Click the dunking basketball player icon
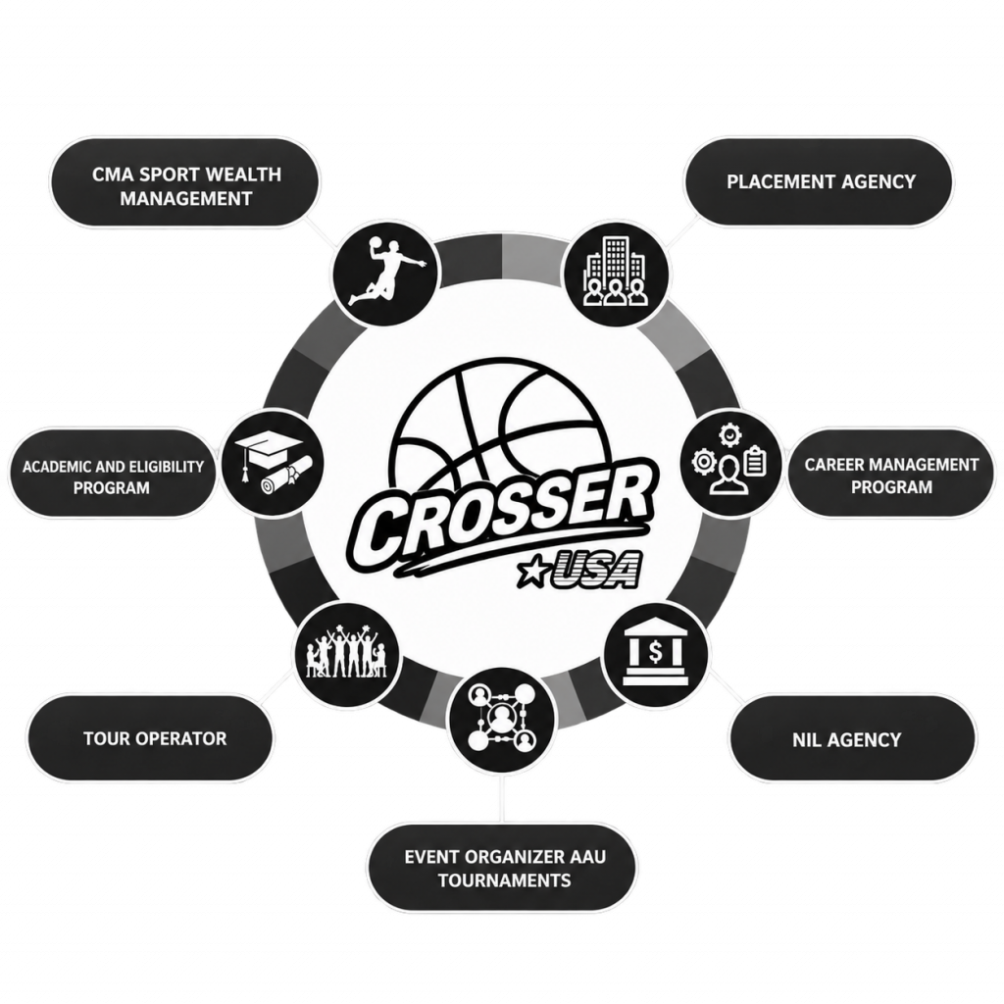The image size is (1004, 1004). (385, 273)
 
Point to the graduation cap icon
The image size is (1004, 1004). (273, 463)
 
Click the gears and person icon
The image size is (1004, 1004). (730, 463)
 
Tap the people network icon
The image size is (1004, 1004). (502, 719)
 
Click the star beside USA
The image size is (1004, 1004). (531, 572)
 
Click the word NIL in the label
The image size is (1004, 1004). (807, 740)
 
